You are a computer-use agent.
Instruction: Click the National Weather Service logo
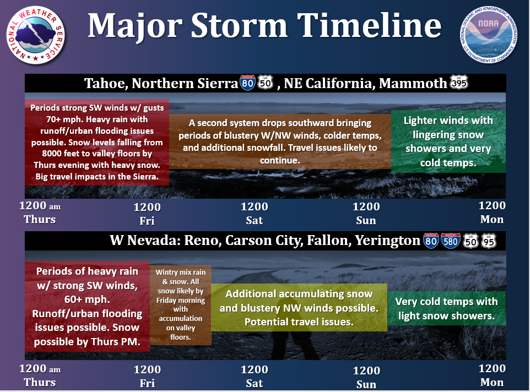pos(36,35)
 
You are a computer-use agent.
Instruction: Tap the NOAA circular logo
pos(489,35)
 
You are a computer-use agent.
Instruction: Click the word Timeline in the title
pos(370,26)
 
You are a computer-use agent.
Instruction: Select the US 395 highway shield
pos(459,82)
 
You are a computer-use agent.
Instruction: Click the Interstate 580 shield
pos(451,241)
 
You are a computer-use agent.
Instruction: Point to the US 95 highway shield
pos(489,241)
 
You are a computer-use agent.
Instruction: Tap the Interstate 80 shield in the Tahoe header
pos(247,83)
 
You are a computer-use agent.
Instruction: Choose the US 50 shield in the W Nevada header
pos(470,241)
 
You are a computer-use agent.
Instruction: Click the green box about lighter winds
pos(448,141)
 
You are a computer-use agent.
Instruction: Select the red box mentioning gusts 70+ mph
pos(97,142)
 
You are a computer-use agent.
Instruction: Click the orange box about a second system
pos(280,141)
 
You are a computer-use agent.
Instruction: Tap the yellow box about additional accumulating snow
pos(299,308)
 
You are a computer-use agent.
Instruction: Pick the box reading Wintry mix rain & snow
pos(181,304)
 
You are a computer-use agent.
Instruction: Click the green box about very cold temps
pos(446,309)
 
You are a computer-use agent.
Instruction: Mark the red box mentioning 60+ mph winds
pos(87,306)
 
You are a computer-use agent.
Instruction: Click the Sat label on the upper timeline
pos(254,220)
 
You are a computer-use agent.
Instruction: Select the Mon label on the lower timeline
pos(492,382)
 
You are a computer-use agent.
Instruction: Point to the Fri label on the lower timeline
pos(147,383)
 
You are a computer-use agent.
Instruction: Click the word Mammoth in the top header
pos(413,83)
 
